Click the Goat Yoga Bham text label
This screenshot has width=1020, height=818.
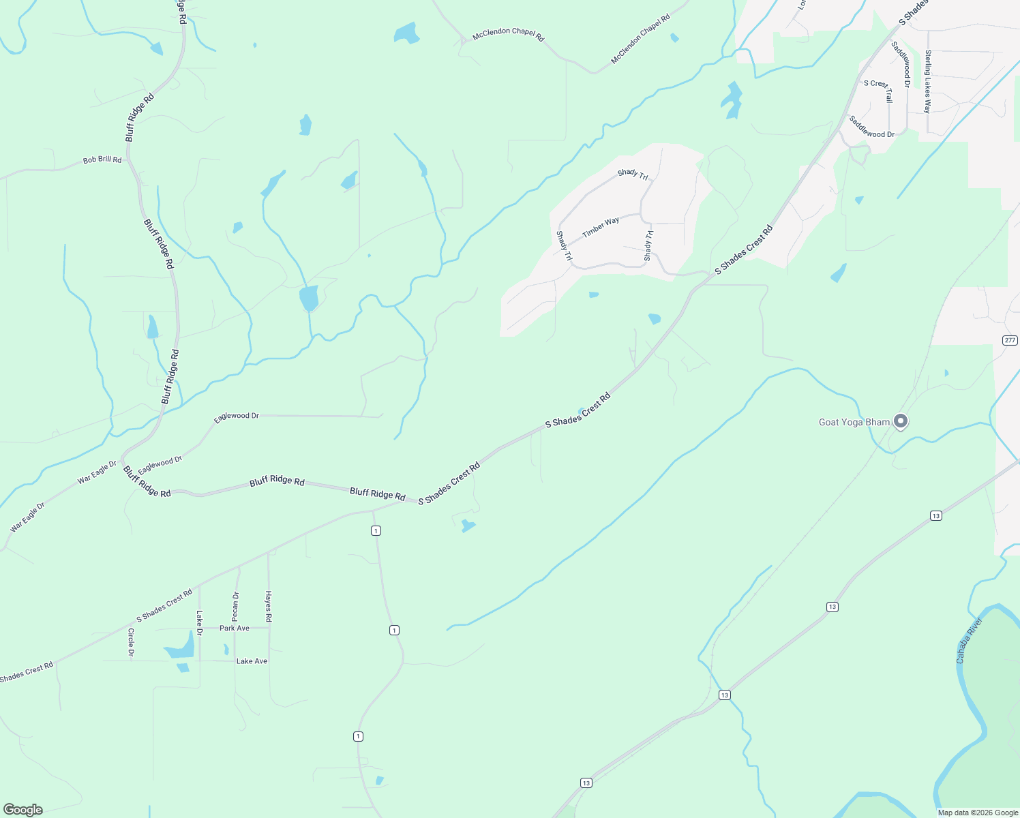[x=854, y=422]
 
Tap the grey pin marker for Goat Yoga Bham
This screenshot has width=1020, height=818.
[x=901, y=421]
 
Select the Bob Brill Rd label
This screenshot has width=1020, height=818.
[x=102, y=160]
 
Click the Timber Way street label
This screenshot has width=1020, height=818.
[x=601, y=227]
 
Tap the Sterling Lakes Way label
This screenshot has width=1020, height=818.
[x=927, y=82]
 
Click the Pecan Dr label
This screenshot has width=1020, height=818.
[x=236, y=607]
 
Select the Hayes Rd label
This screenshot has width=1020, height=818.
[x=269, y=606]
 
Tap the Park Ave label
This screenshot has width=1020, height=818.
[x=235, y=628]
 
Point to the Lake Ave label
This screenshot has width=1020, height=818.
[x=252, y=661]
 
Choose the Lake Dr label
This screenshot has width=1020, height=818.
[x=200, y=623]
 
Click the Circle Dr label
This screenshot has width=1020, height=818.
[x=131, y=643]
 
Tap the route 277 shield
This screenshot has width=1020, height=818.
[x=1010, y=340]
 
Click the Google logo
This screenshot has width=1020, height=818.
[x=23, y=810]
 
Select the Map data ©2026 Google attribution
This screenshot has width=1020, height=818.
[x=977, y=813]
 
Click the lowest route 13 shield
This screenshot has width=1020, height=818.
[x=586, y=783]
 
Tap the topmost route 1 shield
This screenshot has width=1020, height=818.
[x=376, y=530]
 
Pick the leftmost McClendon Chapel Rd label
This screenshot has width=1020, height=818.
[x=509, y=34]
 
